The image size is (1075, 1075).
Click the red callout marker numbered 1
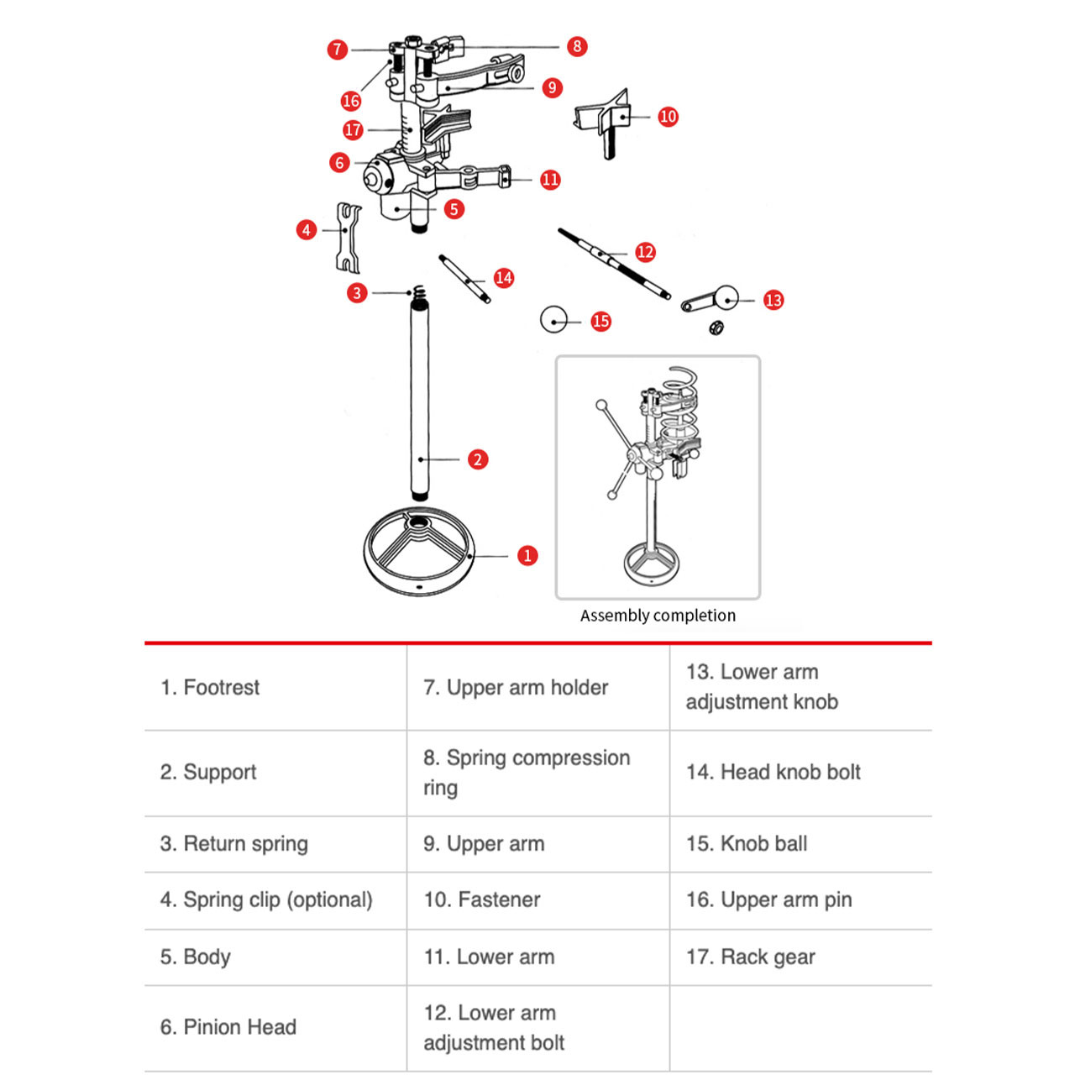(x=527, y=555)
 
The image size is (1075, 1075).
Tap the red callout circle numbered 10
(x=668, y=117)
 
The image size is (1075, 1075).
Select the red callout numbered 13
(x=773, y=300)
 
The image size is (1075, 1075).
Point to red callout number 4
(x=307, y=229)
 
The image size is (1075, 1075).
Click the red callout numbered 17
(x=353, y=129)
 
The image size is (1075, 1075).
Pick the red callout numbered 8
(x=576, y=46)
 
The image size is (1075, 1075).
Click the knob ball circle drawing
(x=553, y=320)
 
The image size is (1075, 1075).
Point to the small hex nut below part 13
(x=716, y=327)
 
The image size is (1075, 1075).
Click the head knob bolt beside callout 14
(x=464, y=278)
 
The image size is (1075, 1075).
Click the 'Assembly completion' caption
(x=658, y=616)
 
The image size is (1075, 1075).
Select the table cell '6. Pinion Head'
(x=228, y=1026)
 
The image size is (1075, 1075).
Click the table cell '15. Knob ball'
(x=747, y=843)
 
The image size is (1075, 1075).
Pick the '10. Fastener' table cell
(x=482, y=899)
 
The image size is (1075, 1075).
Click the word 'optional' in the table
(x=329, y=899)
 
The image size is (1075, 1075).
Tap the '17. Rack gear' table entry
(x=751, y=957)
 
